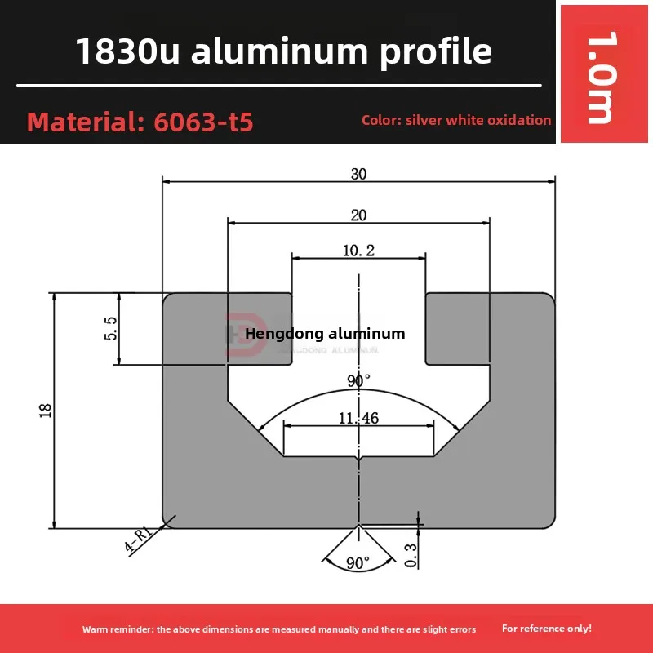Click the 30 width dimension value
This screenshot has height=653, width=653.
(x=358, y=174)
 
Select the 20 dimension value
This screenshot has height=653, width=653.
(x=358, y=215)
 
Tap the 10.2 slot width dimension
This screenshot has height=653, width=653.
(x=358, y=251)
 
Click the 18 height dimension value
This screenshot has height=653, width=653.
(x=45, y=410)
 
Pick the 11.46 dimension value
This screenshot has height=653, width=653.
(x=358, y=418)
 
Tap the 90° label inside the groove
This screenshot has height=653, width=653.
(x=358, y=380)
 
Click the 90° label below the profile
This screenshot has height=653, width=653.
(x=358, y=563)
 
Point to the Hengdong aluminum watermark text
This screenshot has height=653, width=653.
(x=325, y=333)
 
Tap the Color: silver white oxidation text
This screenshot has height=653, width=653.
(x=456, y=120)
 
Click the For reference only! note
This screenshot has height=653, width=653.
(x=547, y=629)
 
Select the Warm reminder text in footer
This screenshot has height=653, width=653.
(x=278, y=629)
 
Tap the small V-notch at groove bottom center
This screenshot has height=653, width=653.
(x=359, y=462)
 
